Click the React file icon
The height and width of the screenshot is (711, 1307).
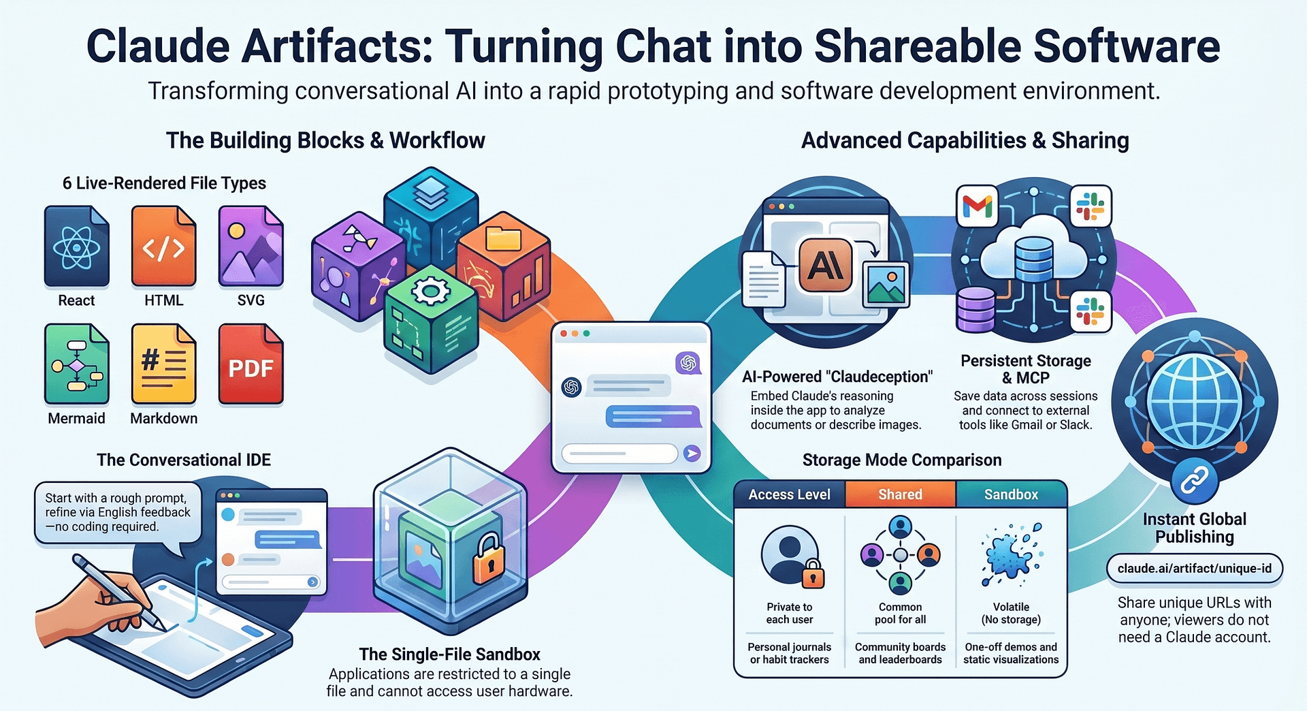point(76,246)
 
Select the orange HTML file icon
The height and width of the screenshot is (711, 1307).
point(163,246)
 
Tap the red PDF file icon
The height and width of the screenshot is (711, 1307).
point(251,364)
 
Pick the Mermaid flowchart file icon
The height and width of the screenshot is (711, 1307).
point(76,364)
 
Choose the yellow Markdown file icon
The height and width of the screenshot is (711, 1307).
point(163,364)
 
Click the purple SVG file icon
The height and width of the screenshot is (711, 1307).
point(251,246)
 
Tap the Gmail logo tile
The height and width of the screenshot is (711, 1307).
point(978,206)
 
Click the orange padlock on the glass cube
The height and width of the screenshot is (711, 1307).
point(488,559)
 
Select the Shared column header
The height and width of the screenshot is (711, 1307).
point(901,494)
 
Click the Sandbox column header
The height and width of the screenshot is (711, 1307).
point(1012,494)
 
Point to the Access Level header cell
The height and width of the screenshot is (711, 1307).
point(790,494)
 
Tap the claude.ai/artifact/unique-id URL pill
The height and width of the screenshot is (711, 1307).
point(1195,569)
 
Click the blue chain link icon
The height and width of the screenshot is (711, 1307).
point(1194,481)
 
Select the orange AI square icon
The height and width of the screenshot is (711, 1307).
point(825,265)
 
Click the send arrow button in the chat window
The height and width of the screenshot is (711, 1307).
point(692,453)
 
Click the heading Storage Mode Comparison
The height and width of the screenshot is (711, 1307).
point(902,460)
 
